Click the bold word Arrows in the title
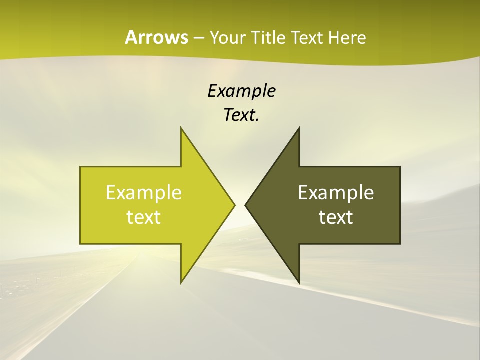[x=156, y=37]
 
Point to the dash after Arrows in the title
[x=198, y=38]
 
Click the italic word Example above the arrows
[x=241, y=91]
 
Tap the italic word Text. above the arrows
[x=241, y=115]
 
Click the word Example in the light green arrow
[x=144, y=192]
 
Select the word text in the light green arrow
[x=144, y=217]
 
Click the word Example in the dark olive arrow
[x=336, y=192]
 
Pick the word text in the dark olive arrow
[x=336, y=217]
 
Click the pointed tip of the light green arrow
[x=235, y=205]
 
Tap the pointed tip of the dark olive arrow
[x=245, y=205]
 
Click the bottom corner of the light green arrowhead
[x=181, y=283]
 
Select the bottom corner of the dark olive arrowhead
[x=299, y=283]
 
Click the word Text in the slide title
[x=307, y=38]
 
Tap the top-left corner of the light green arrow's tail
[x=80, y=167]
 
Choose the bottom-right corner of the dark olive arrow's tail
[x=400, y=244]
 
